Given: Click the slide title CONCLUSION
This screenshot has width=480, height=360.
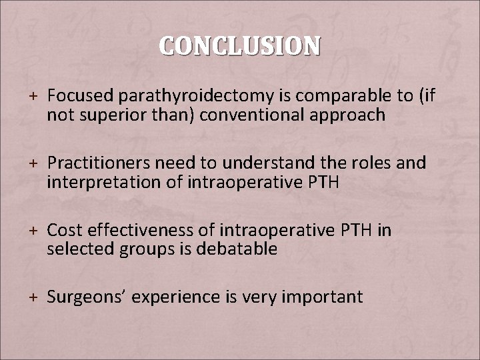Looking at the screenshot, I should (x=239, y=46).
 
